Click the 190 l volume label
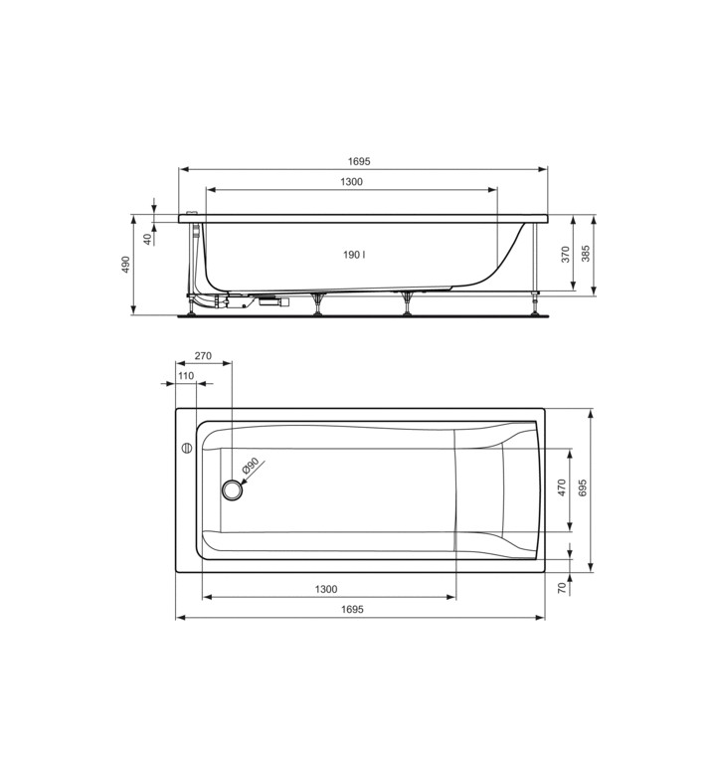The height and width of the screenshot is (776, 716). [354, 255]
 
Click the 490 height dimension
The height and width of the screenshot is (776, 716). [125, 265]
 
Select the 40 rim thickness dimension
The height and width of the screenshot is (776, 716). [147, 239]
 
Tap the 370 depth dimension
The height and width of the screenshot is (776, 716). [566, 254]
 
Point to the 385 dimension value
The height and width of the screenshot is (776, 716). [586, 254]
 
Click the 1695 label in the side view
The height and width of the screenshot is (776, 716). [359, 161]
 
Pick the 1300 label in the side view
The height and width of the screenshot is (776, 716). [351, 182]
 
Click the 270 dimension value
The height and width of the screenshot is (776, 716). [203, 356]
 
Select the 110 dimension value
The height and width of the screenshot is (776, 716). [186, 376]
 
